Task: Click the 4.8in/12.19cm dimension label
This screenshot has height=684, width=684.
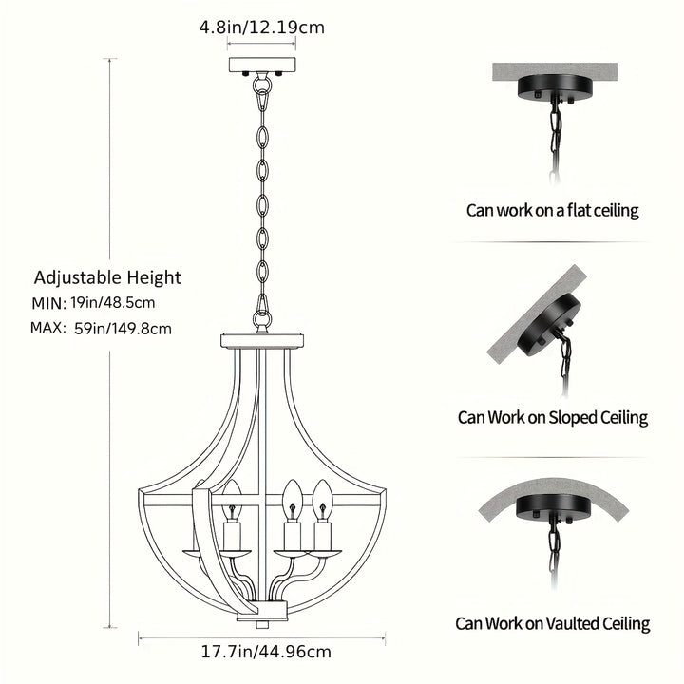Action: (x=262, y=28)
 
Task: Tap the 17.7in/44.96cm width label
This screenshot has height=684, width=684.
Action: (x=266, y=652)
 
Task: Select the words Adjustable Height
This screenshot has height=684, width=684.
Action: (x=107, y=277)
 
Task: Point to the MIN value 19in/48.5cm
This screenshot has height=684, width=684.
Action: (x=113, y=302)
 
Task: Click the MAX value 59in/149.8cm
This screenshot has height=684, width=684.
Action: (x=123, y=329)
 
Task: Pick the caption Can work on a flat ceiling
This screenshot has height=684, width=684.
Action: (x=552, y=210)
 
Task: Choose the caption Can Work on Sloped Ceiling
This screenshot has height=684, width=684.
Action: (x=553, y=417)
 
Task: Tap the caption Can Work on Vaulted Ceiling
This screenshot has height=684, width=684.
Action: (x=553, y=623)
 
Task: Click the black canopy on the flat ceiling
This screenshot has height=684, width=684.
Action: (x=555, y=88)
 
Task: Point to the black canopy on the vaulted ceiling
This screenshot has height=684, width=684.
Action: (x=554, y=508)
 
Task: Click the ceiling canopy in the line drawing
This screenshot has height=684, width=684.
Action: (x=262, y=66)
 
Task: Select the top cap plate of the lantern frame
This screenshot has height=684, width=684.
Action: (x=262, y=341)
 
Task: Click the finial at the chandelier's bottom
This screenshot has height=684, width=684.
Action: (x=262, y=625)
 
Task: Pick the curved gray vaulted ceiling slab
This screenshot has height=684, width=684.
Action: (x=553, y=497)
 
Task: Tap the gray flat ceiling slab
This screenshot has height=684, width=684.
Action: (x=555, y=72)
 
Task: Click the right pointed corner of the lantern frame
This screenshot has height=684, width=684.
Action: (x=386, y=492)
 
